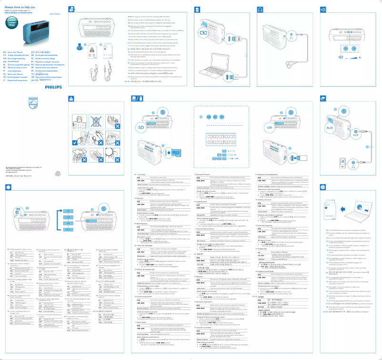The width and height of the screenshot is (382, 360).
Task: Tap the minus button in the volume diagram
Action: [331, 57]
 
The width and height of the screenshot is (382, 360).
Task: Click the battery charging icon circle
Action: [206, 32]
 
